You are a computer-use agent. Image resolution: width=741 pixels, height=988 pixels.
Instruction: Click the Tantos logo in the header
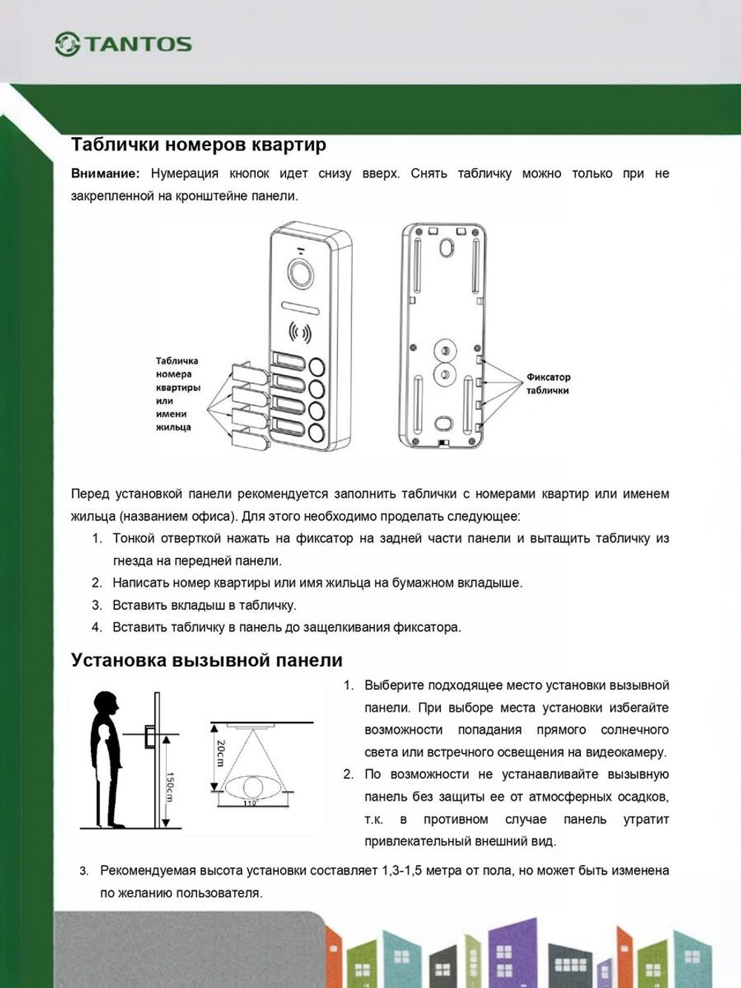tap(123, 44)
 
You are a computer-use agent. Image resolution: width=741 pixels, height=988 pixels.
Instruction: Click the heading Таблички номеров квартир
tap(198, 144)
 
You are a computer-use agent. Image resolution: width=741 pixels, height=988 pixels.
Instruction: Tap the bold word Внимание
tap(104, 173)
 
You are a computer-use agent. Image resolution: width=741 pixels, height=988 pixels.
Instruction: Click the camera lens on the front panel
tap(302, 273)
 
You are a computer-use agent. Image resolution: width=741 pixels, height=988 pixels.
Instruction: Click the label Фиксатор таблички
tap(548, 383)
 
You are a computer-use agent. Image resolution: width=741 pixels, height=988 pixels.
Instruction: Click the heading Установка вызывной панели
tap(206, 660)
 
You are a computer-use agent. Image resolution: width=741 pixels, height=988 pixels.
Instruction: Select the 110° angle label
tap(250, 803)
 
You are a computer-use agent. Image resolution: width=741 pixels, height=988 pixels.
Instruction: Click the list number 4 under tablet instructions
tap(96, 627)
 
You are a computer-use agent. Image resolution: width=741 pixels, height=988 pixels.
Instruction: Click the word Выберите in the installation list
tap(393, 685)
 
